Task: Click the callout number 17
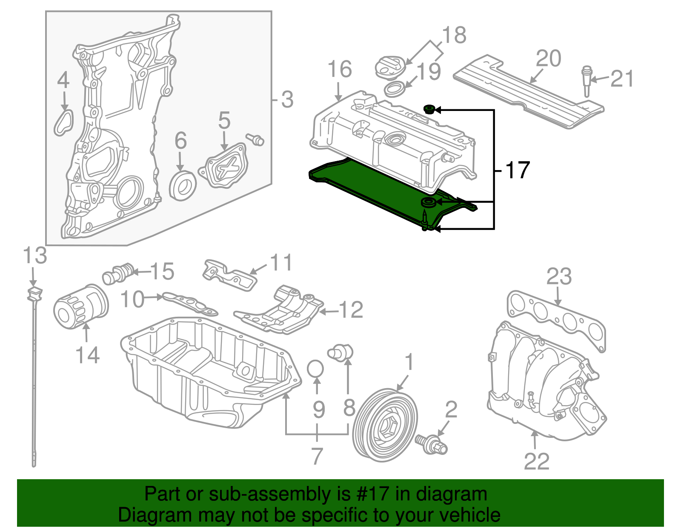517,170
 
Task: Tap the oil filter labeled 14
80,306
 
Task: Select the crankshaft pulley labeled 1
386,425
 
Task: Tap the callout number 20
548,59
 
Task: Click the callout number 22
536,461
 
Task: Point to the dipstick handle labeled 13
34,293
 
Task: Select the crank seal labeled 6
183,185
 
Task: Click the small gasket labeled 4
64,122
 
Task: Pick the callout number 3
287,99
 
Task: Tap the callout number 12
351,310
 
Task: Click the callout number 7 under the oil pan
317,456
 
